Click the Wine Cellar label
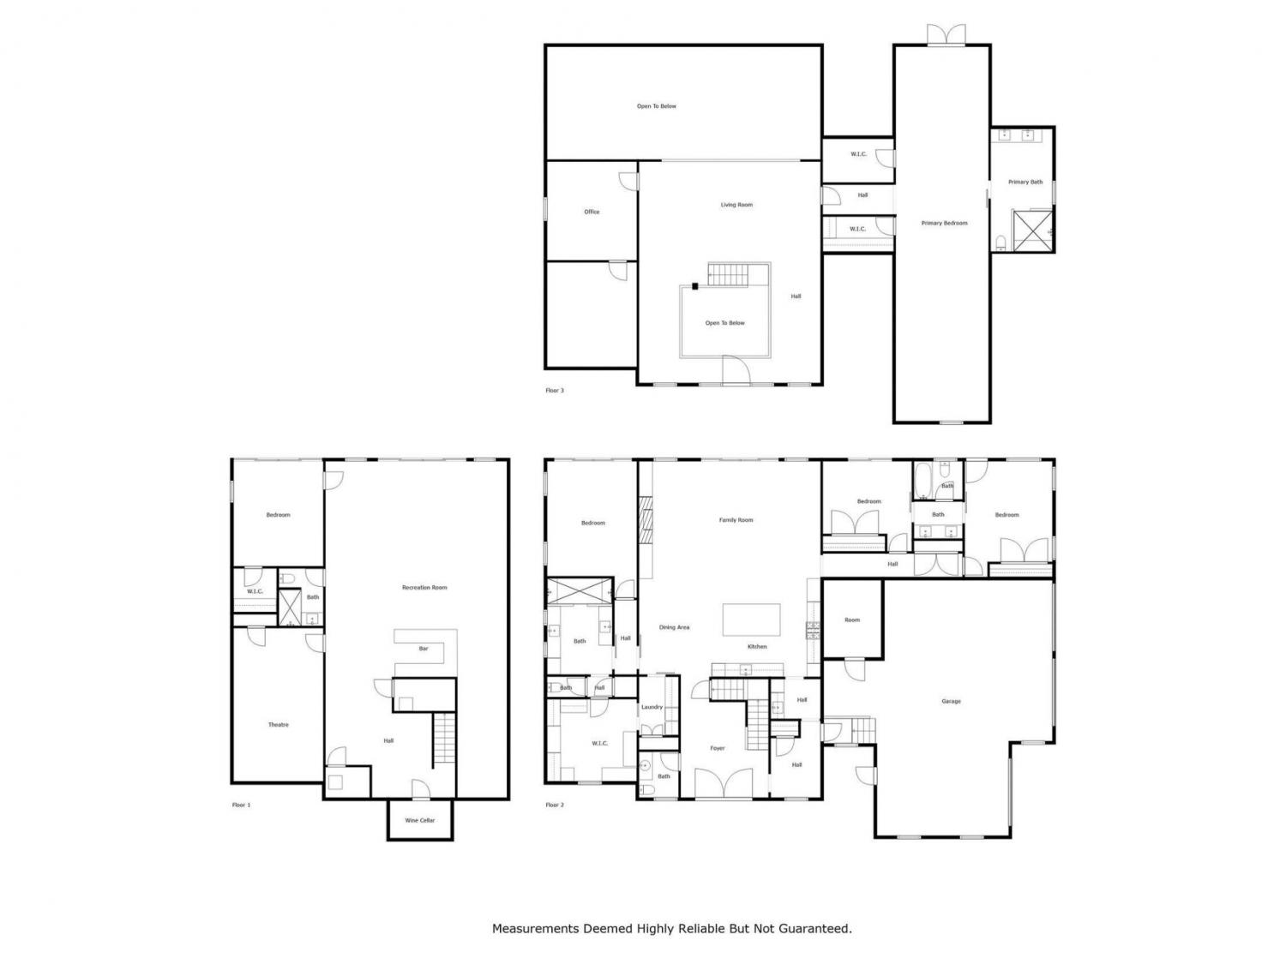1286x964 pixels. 419,820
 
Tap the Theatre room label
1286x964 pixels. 279,725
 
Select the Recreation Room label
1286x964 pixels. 424,587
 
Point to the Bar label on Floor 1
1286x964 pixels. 423,649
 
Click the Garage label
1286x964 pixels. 951,701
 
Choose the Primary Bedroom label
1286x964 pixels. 944,223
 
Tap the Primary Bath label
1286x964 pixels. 1025,182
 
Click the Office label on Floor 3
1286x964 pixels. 592,212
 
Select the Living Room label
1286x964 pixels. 736,205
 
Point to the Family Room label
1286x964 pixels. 736,520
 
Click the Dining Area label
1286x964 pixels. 674,627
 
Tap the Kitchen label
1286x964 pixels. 757,647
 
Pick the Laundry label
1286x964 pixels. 652,707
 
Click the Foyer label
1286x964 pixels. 717,748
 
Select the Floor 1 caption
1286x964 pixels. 241,805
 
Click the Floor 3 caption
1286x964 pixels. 554,391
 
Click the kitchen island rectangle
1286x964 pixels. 751,620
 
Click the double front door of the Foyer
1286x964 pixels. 724,784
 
